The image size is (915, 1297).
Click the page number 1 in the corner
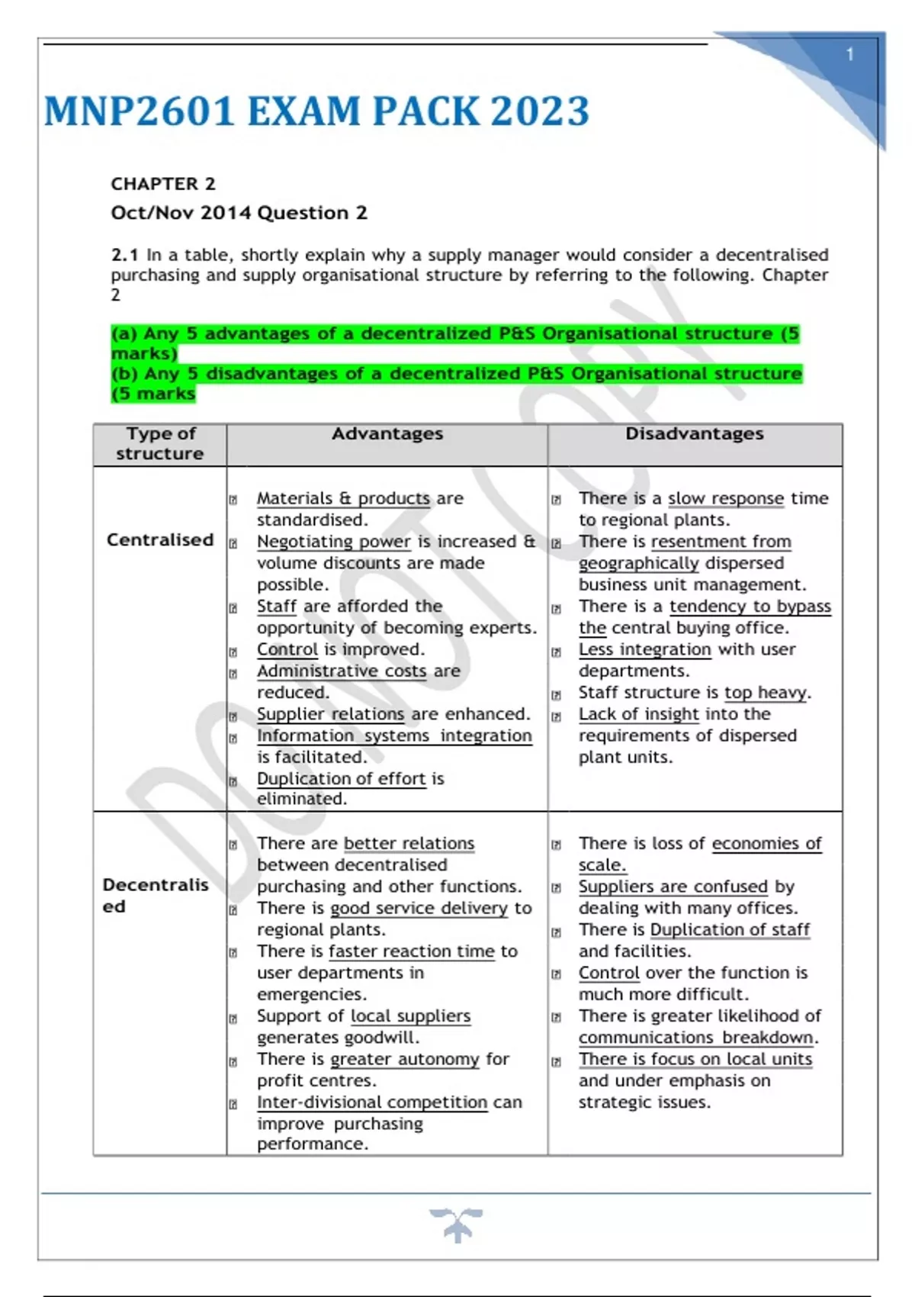click(x=849, y=55)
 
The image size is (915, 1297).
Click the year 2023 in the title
click(x=540, y=111)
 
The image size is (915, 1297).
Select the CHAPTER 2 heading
click(x=163, y=184)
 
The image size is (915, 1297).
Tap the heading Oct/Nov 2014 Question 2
click(x=239, y=213)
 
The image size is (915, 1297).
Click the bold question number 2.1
click(x=124, y=255)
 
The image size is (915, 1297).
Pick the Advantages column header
click(x=387, y=433)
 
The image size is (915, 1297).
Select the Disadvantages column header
click(x=694, y=433)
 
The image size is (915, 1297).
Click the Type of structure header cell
click(x=160, y=443)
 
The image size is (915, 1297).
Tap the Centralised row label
click(x=160, y=539)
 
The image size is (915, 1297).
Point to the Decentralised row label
click(x=155, y=895)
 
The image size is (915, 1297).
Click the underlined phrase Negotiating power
click(x=333, y=542)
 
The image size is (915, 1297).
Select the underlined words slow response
click(x=725, y=498)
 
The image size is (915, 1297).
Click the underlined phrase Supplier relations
click(x=330, y=714)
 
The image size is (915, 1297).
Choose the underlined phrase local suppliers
click(x=410, y=1016)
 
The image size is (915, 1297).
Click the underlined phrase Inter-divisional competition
click(x=371, y=1102)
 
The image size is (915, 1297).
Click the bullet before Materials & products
click(x=233, y=500)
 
